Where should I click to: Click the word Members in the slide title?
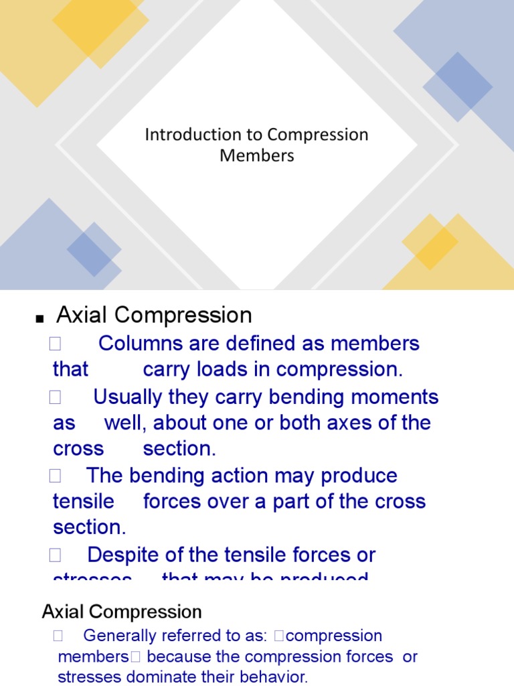[x=257, y=155]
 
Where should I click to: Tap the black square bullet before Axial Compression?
[x=39, y=319]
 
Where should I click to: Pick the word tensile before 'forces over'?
[x=84, y=501]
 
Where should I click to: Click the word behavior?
[x=275, y=677]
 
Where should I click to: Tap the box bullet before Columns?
[x=55, y=344]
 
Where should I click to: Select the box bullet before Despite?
[x=55, y=555]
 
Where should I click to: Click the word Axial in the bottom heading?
[x=63, y=612]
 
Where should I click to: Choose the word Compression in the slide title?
[x=318, y=135]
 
